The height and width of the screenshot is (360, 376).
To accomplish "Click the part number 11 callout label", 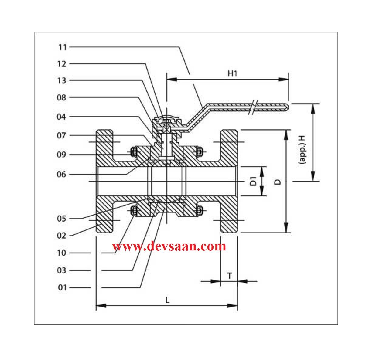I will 63,47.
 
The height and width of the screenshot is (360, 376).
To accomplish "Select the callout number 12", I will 62,64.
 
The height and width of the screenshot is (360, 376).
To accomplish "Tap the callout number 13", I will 62,80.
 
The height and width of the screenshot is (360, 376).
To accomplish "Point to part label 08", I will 61,97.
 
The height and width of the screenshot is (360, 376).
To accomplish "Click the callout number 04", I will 61,117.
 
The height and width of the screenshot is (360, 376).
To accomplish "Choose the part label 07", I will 61,135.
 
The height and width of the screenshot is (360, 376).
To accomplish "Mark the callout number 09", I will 61,155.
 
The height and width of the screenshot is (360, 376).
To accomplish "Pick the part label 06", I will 61,175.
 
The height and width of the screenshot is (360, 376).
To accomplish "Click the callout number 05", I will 61,219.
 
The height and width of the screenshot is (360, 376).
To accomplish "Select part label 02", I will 61,236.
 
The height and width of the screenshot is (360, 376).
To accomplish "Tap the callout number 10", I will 62,253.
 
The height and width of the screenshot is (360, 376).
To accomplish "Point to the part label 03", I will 61,270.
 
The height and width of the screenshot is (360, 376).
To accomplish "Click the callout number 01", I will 62,287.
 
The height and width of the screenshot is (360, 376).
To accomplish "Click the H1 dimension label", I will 232,73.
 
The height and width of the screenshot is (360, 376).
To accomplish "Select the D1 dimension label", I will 254,181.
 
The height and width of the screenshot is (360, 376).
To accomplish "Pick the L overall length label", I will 167,300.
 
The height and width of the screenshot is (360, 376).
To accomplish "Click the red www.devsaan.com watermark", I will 169,246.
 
